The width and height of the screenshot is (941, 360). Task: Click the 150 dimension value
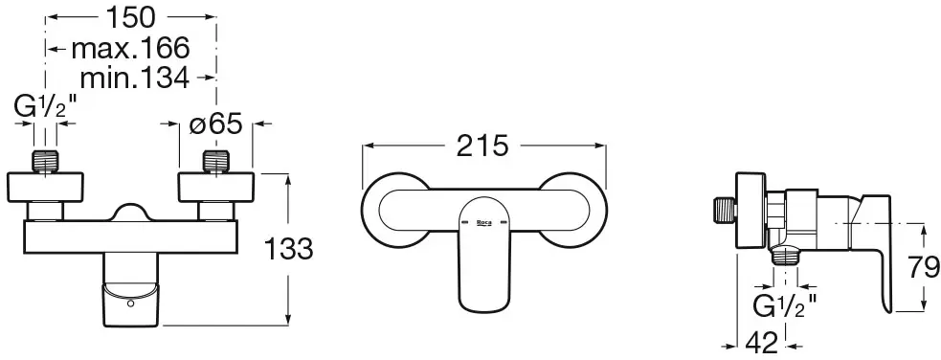[x=130, y=17]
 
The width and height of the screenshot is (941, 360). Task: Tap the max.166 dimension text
[x=130, y=48]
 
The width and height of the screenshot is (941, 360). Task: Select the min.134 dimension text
[x=135, y=78]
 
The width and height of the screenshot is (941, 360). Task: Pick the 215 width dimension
[x=482, y=146]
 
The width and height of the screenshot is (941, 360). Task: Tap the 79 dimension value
[x=924, y=267]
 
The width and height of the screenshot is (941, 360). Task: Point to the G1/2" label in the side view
[x=785, y=306]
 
